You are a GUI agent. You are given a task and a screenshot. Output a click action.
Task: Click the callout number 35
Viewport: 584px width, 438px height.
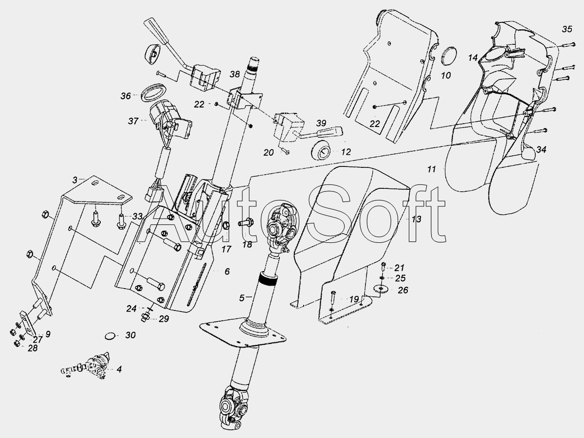coord(567,29)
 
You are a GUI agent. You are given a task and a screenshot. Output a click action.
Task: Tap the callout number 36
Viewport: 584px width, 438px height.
coord(126,96)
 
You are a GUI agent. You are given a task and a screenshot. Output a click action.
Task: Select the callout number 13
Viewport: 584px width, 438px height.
coord(416,219)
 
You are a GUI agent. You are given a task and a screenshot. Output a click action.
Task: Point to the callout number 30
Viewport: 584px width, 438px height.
coord(131,335)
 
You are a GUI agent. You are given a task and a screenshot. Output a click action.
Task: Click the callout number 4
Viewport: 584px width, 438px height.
coord(119,369)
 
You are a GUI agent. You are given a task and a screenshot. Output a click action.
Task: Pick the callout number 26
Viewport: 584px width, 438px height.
coord(403,291)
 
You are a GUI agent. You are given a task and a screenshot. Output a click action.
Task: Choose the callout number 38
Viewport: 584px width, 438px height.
coord(235,74)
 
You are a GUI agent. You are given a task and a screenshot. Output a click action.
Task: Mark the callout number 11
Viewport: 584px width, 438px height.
coord(431,169)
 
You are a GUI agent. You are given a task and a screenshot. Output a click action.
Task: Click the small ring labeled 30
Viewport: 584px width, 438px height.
coord(110,336)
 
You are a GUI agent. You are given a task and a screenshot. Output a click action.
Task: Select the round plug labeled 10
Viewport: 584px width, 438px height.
coord(449,57)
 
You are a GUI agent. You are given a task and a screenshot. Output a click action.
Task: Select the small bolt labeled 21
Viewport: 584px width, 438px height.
coord(383,266)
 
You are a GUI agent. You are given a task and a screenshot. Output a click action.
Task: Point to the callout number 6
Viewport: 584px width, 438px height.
coord(227,271)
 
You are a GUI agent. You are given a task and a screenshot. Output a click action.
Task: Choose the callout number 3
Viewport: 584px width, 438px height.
coord(74,180)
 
